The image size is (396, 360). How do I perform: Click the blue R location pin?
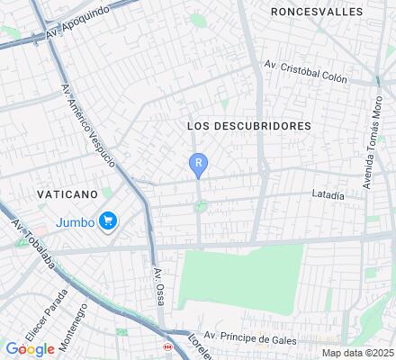[198, 164]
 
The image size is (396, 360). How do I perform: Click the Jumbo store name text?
[76, 221]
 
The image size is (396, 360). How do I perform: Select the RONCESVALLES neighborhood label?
[318, 12]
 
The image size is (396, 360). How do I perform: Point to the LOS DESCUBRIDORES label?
[248, 126]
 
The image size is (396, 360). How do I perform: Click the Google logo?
[30, 349]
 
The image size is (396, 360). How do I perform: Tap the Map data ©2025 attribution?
[358, 353]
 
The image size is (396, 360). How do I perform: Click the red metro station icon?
[166, 346]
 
